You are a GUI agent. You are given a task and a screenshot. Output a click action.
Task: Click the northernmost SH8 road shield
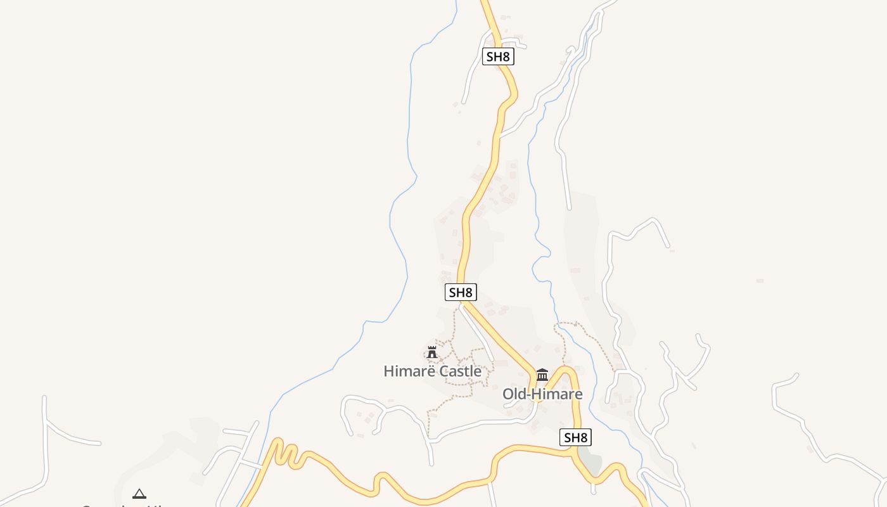click(x=497, y=56)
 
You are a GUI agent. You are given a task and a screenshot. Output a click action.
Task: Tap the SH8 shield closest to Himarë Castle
click(x=461, y=292)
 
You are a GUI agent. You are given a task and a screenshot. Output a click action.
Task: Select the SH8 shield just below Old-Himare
click(x=576, y=437)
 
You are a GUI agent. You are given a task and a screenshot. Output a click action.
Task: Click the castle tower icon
click(x=432, y=352)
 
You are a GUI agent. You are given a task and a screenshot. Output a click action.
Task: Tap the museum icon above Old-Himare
click(x=542, y=375)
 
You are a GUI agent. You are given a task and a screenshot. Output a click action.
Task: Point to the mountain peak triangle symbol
click(x=139, y=494)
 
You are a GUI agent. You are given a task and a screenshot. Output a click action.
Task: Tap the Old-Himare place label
click(x=542, y=394)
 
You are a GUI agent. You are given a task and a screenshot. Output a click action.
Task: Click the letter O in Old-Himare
click(x=508, y=394)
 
